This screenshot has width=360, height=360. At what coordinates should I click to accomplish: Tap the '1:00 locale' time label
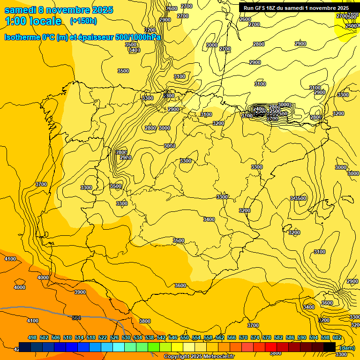coord(33,21)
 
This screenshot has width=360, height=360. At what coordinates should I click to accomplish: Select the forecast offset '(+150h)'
coord(83,21)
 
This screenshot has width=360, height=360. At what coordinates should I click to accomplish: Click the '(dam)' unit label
coord(347,348)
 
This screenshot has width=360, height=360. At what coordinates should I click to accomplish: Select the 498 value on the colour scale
coord(32,337)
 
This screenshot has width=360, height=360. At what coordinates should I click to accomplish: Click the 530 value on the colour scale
coord(126,337)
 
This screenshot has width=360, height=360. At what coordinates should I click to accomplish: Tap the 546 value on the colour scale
coord(173,337)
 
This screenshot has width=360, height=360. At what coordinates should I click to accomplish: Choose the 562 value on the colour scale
coord(220,337)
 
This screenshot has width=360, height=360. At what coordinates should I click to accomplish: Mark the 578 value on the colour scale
coord(267,337)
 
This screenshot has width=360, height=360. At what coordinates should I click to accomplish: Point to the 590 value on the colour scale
coord(302,337)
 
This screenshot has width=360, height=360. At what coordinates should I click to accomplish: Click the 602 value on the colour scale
coord(337,337)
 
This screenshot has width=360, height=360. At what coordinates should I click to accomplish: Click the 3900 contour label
coord(80,292)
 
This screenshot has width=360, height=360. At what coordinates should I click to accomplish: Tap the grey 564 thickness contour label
coord(76,318)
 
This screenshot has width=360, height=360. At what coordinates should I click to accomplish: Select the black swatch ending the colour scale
coord(330,347)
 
